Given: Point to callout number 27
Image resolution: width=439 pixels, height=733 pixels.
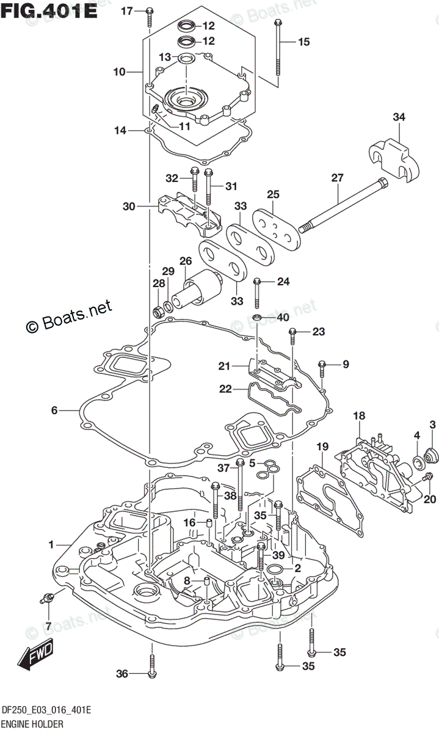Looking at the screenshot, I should [x=337, y=178].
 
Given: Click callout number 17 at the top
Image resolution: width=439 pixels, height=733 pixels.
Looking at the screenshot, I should [x=126, y=11].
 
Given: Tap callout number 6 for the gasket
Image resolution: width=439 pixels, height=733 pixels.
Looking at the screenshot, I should [x=54, y=410].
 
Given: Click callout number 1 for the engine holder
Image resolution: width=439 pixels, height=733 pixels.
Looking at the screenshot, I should [x=52, y=544].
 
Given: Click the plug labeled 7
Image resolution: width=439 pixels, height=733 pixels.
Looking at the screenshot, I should [x=45, y=599].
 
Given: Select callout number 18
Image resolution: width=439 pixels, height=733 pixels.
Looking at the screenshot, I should [x=359, y=415].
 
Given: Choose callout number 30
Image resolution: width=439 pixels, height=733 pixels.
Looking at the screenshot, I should [x=128, y=206].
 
